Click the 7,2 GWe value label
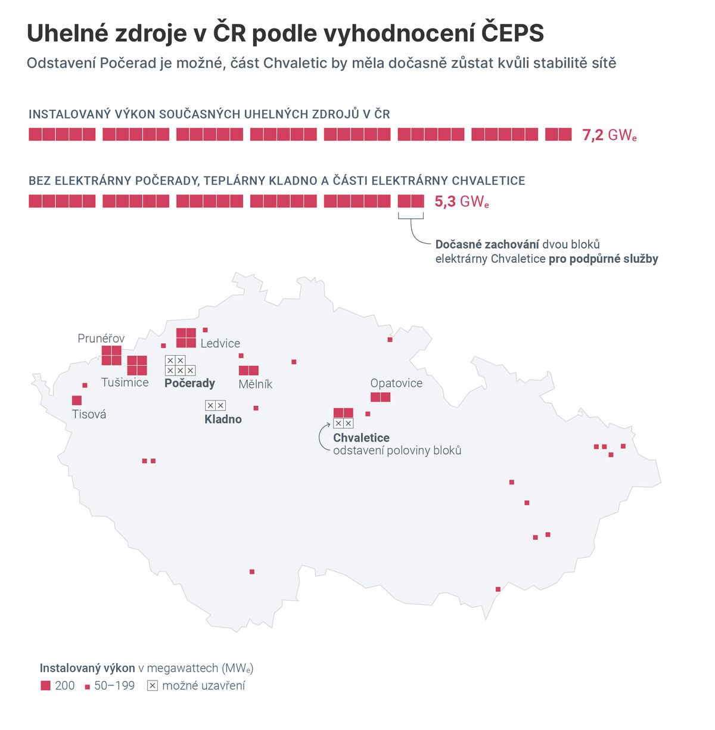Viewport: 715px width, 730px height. [609, 135]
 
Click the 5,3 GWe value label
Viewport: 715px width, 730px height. [461, 202]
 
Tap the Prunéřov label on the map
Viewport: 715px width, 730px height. [101, 338]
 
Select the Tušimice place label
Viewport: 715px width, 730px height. [125, 383]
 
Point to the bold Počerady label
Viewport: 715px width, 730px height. [189, 383]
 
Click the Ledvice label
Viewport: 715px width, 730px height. [220, 343]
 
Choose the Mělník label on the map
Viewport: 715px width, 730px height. [255, 384]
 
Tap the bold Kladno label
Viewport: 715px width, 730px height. [223, 419]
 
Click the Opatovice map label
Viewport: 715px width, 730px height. [396, 383]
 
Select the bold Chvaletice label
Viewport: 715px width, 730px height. [361, 437]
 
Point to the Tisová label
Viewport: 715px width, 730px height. [89, 414]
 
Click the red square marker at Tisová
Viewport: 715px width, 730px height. [77, 400]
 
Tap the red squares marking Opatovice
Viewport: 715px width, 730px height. [380, 397]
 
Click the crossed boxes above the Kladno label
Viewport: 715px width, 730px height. [215, 406]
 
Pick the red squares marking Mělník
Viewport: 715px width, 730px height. [248, 371]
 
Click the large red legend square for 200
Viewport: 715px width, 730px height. [45, 686]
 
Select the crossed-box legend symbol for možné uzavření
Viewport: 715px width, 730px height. [153, 686]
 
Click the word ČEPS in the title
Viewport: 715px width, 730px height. [512, 33]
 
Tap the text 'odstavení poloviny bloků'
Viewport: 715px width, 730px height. [397, 451]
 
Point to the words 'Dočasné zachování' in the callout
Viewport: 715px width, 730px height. [487, 244]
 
